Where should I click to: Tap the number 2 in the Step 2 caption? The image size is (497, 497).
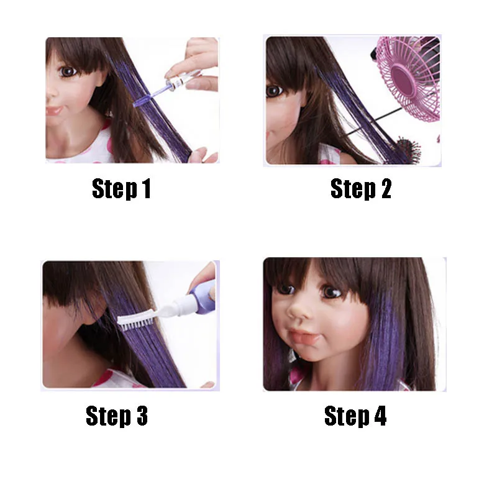tap(385, 189)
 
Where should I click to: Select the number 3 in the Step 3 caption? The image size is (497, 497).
tap(141, 416)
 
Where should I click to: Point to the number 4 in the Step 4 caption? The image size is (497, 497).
tap(379, 416)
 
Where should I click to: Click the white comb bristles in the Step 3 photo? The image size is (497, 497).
tap(134, 319)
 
